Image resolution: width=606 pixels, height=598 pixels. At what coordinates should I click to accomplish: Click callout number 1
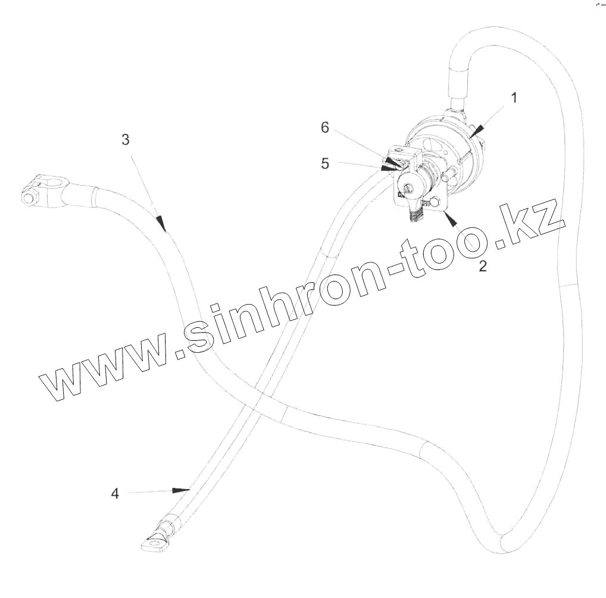(514, 98)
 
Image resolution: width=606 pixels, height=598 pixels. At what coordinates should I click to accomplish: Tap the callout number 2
(482, 266)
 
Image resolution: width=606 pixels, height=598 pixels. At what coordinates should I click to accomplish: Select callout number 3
(125, 140)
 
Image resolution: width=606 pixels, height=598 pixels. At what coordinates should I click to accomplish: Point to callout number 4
(115, 493)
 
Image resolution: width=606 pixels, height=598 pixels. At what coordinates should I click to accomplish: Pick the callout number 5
(325, 164)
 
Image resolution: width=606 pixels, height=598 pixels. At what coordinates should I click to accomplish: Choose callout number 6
(325, 127)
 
